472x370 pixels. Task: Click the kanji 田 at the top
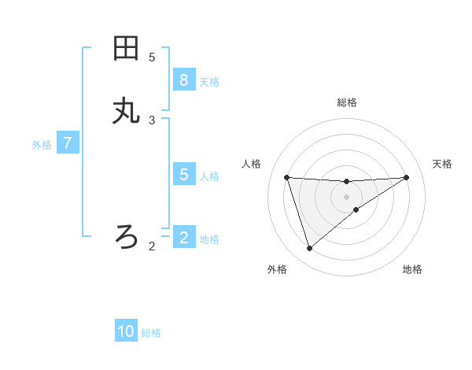click(126, 49)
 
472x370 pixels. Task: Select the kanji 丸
click(126, 112)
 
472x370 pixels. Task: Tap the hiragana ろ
click(126, 235)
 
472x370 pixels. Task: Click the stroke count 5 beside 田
click(152, 57)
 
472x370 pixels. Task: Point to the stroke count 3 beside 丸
click(152, 120)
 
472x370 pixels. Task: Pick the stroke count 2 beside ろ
click(152, 246)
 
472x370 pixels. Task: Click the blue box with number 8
click(183, 80)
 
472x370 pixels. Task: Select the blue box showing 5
click(183, 174)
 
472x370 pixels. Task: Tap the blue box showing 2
click(183, 237)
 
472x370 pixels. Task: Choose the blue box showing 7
click(68, 143)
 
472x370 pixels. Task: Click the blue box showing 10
click(126, 331)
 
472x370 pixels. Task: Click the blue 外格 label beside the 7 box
click(42, 145)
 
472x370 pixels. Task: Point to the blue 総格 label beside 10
click(151, 333)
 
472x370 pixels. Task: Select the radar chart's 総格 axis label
click(347, 102)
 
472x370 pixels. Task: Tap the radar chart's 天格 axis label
click(443, 164)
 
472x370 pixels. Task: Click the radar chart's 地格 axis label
click(412, 269)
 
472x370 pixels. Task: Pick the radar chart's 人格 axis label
click(252, 164)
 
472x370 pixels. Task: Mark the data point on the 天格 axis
click(406, 177)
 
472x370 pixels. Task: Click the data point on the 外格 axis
click(309, 249)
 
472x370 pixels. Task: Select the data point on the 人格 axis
click(286, 177)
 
